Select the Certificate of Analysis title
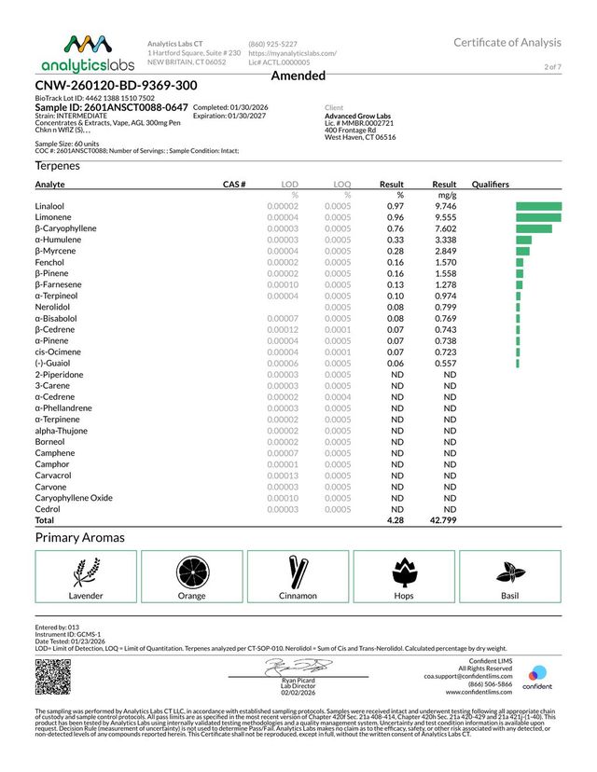pos(507,43)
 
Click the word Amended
pos(298,76)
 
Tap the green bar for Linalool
pos(538,205)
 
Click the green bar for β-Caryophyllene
pos(534,227)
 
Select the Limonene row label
pos(54,216)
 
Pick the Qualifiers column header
pos(491,185)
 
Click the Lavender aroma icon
pos(86,571)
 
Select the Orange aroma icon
pos(192,571)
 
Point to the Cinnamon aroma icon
pos(298,571)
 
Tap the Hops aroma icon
pos(404,571)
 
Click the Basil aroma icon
pos(509,571)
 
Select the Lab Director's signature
pos(292,667)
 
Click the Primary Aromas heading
pos(79,538)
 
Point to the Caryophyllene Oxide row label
pos(74,498)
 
